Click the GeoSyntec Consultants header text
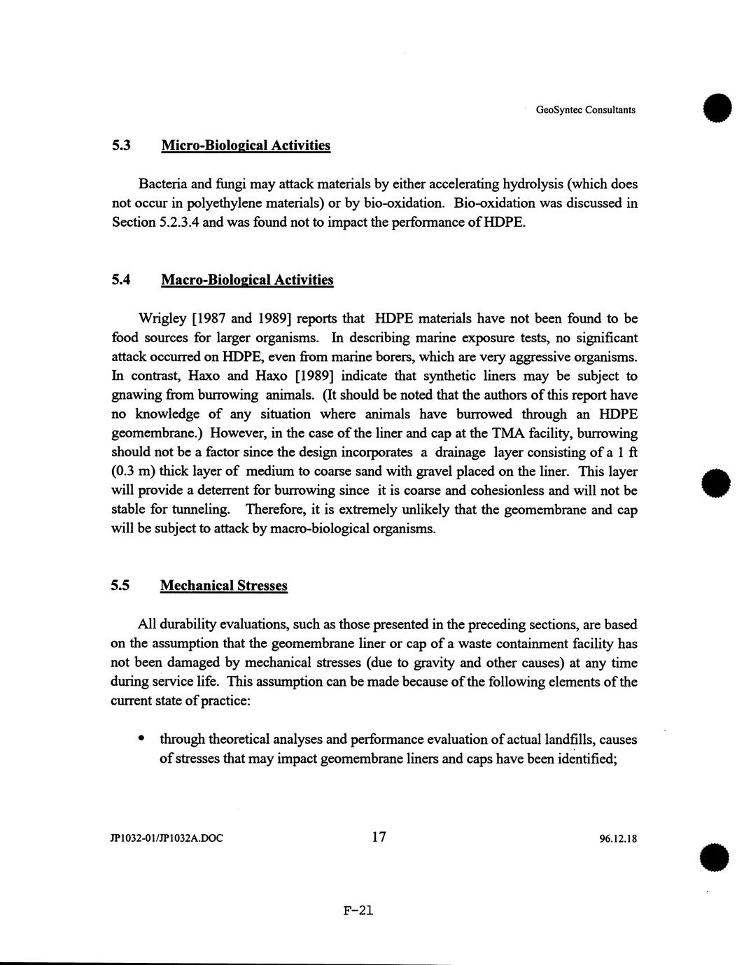tap(585, 110)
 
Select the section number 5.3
tap(121, 146)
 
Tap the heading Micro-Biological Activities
tap(245, 146)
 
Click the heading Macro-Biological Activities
tap(247, 280)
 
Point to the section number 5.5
tap(120, 585)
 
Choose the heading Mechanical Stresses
tap(224, 585)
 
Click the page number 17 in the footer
tap(379, 836)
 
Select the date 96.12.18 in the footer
tap(618, 838)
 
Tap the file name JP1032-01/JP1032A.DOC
tap(167, 838)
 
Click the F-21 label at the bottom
tap(359, 910)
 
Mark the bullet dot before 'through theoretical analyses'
tap(142, 738)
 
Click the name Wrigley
tap(162, 319)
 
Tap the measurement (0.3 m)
tap(134, 472)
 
